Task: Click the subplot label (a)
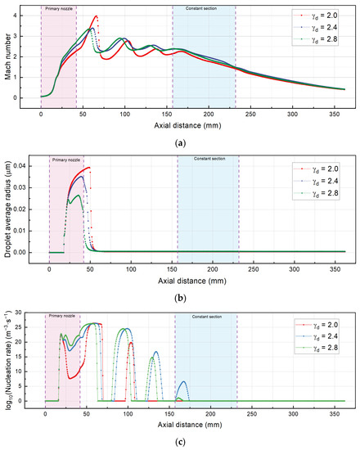[x=180, y=143]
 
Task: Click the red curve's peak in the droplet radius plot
[x=88, y=168]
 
